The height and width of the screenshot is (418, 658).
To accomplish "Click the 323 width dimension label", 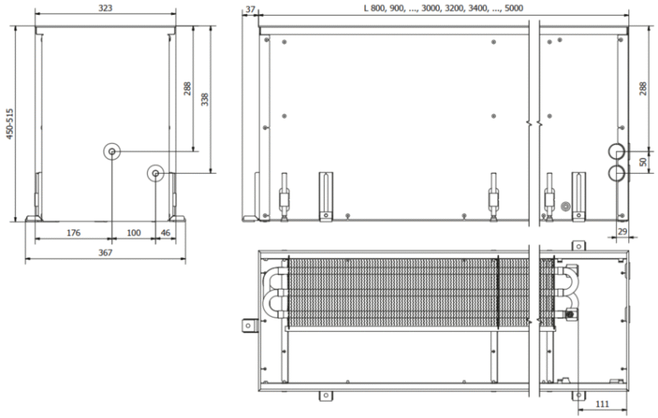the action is pos(105,8).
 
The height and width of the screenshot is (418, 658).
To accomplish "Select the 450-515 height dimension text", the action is pos(10,123).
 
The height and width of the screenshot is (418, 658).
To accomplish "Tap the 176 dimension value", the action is pos(73,233).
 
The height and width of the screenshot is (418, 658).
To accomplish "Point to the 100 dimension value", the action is pos(133,233).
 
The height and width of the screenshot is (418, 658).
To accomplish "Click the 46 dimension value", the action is pos(166,233).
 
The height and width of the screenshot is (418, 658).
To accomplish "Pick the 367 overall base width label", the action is pos(105,253).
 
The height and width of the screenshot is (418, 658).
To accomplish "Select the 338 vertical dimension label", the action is pos(204,99).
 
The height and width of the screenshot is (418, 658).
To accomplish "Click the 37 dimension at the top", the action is pos(251,9).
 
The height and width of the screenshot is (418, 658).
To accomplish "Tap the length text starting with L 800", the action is pos(443,8).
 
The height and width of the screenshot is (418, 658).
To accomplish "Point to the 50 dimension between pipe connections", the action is pos(643,161).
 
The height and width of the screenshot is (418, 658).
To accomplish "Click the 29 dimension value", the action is pos(623,232).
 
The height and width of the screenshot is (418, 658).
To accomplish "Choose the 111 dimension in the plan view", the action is pos(602,404).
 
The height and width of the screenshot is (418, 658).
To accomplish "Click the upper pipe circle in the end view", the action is pos(112,151).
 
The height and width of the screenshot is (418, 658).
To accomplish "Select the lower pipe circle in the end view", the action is pos(155,174).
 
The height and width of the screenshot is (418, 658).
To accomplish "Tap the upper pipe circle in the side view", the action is pos(616,151).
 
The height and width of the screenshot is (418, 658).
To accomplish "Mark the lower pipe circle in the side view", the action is pos(616,173).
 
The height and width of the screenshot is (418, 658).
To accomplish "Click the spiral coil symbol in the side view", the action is pos(565,207).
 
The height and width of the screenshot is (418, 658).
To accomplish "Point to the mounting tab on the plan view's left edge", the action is pos(248,326).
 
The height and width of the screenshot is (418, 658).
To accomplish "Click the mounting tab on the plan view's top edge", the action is pos(578,246).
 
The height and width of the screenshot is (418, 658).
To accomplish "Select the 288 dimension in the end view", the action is pos(188,89).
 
